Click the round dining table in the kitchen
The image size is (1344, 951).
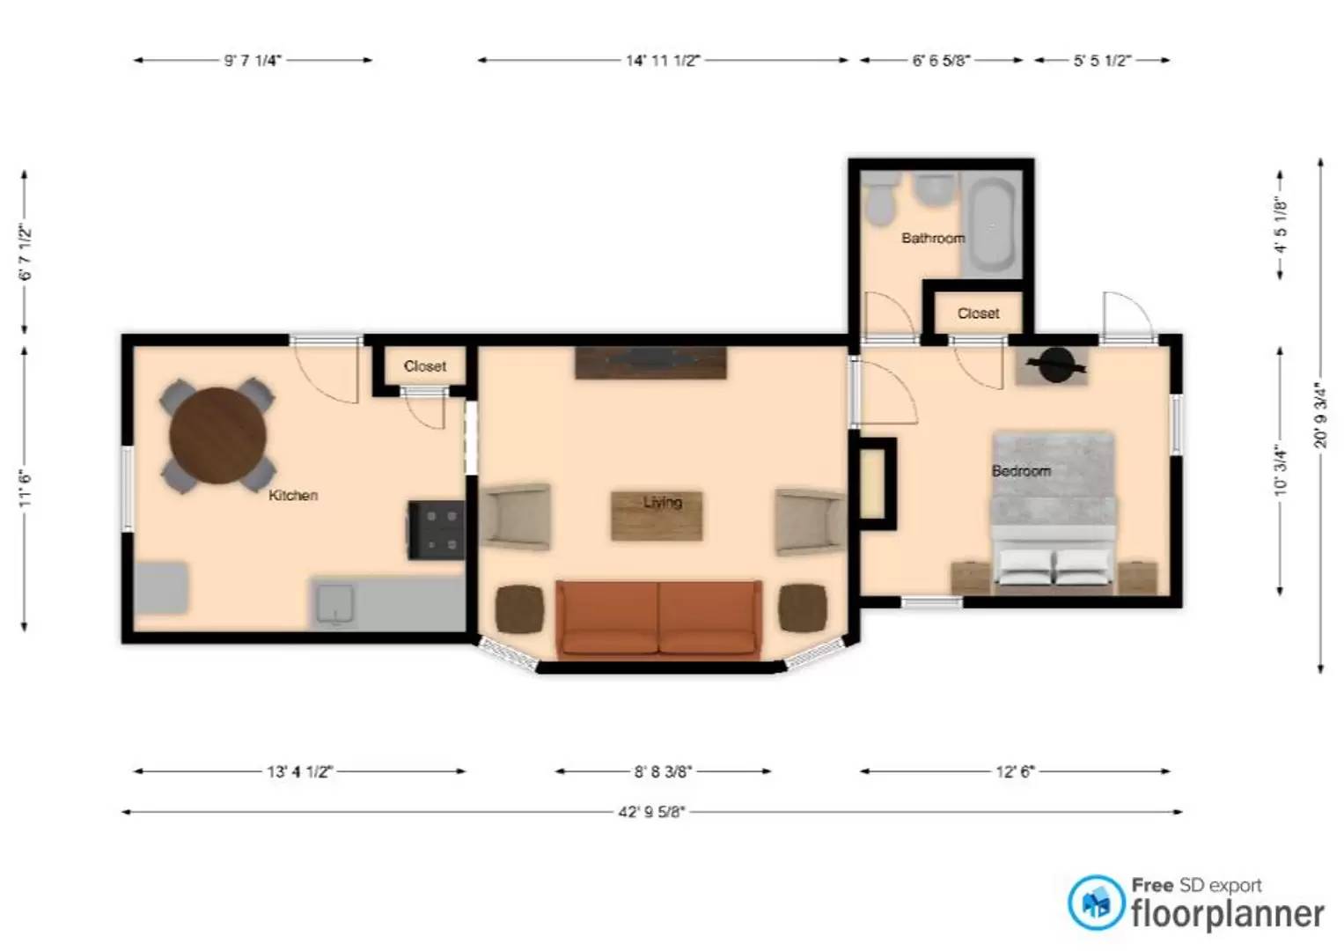[217, 435]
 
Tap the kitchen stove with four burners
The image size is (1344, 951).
[437, 530]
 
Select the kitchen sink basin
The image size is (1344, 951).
[335, 604]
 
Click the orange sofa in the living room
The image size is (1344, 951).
[659, 618]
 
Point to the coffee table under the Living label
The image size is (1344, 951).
[657, 516]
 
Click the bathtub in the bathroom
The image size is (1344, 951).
[993, 224]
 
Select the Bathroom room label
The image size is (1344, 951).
[933, 239]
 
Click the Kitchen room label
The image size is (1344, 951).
[293, 495]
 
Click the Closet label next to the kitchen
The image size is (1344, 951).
[425, 366]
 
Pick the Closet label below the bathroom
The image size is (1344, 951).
[978, 313]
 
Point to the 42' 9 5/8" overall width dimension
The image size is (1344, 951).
[651, 812]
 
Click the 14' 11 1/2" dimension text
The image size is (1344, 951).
[663, 61]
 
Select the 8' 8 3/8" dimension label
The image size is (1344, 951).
[663, 770]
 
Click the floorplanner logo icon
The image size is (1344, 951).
[1096, 903]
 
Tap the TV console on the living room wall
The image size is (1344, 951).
[651, 363]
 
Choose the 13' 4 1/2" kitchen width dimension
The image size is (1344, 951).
[299, 770]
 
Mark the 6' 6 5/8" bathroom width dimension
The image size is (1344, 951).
[942, 61]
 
